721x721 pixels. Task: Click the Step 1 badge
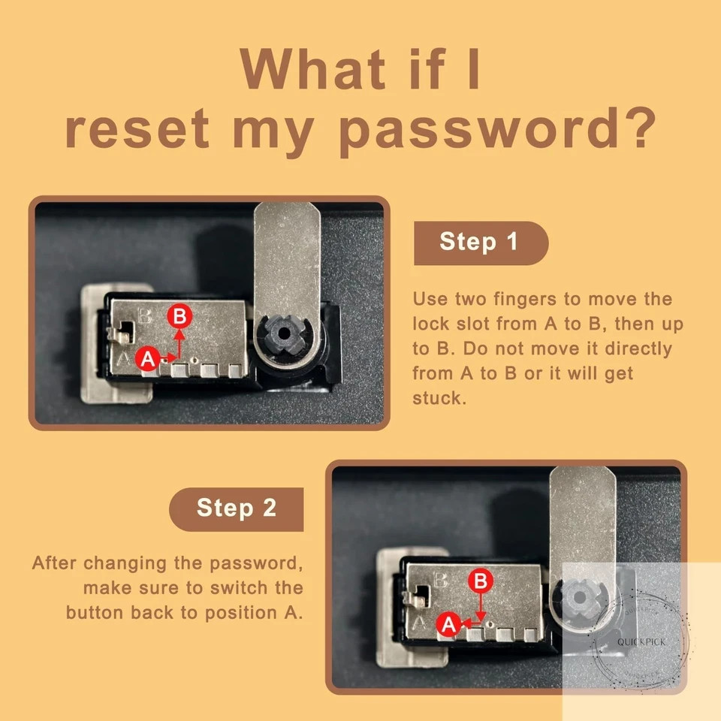pyautogui.click(x=481, y=243)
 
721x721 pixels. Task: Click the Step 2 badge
pyautogui.click(x=237, y=509)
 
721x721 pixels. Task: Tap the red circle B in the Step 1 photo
pyautogui.click(x=179, y=316)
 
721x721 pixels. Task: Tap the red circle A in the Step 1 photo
pyautogui.click(x=148, y=359)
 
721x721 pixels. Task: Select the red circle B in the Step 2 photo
pyautogui.click(x=481, y=581)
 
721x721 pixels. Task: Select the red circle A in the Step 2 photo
pyautogui.click(x=449, y=624)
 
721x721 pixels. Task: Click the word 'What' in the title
pyautogui.click(x=312, y=69)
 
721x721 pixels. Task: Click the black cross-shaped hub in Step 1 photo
pyautogui.click(x=284, y=333)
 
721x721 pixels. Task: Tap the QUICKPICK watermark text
pyautogui.click(x=641, y=642)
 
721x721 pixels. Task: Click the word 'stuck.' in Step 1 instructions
pyautogui.click(x=439, y=398)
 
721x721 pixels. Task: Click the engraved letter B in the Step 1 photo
pyautogui.click(x=145, y=316)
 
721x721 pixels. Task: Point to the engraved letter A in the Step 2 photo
pyautogui.click(x=419, y=623)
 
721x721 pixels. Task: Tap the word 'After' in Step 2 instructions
pyautogui.click(x=53, y=563)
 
